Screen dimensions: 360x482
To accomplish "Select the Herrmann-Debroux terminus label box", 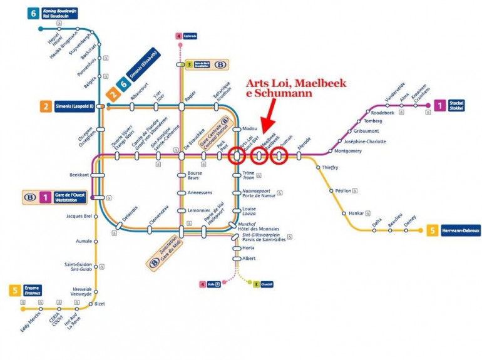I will (x=461, y=231).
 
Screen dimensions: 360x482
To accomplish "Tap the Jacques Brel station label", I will (x=79, y=217).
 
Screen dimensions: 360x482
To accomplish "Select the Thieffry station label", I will (x=330, y=167).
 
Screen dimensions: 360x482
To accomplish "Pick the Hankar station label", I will (x=356, y=213).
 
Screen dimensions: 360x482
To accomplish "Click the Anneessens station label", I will (x=200, y=193).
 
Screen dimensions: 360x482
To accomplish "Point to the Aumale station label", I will (x=84, y=240).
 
